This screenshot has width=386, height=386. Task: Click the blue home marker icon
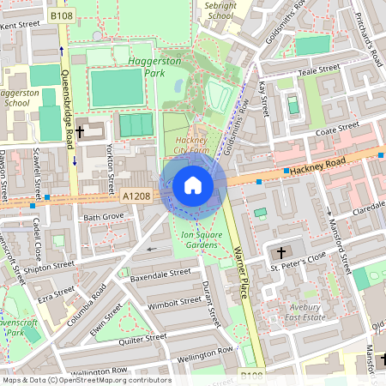click(193, 185)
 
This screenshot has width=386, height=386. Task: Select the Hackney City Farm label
click(192, 145)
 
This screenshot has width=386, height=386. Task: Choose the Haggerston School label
click(17, 96)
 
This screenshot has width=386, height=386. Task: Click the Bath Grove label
click(104, 218)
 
